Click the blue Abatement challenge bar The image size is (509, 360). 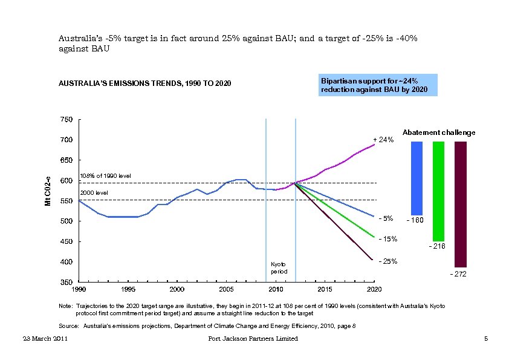pos(417,178)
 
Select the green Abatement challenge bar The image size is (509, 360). pos(439,191)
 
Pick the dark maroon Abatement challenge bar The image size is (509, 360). pos(460,204)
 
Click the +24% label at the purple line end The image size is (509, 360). pos(383,140)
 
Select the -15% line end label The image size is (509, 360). pos(387,239)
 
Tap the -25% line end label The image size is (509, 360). pos(387,261)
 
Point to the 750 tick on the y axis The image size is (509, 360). pos(66,120)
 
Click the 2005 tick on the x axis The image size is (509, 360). pos(226,289)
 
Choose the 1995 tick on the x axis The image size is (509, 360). pos(128,289)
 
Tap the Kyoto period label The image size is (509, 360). pos(279,269)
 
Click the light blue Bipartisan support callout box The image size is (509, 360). pos(378,85)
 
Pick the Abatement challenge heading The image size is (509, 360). pos(438,133)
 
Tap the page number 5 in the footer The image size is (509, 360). pos(485,339)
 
